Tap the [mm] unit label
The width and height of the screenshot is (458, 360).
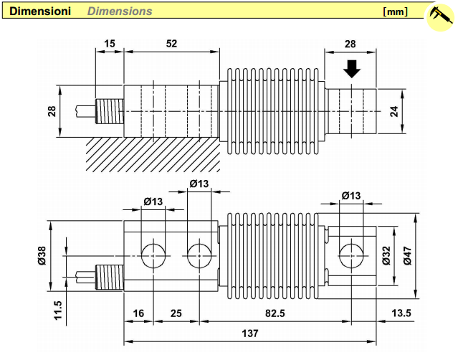click(x=396, y=11)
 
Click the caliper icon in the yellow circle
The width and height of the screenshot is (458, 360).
click(x=439, y=16)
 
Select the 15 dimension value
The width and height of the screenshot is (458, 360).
click(x=109, y=44)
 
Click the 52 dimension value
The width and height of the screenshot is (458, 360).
click(x=171, y=44)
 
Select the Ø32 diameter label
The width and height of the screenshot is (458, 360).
click(x=386, y=255)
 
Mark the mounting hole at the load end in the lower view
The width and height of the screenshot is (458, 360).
click(x=350, y=253)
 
